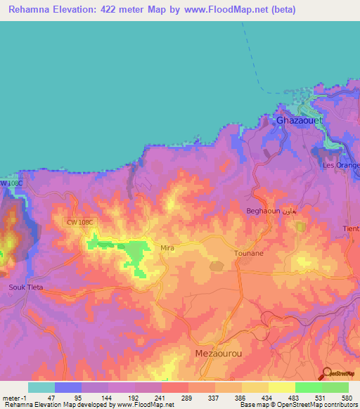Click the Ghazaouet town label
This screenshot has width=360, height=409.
300,120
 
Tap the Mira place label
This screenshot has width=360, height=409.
167,248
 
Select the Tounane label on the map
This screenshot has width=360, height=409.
248,253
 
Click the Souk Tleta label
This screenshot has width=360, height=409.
26,287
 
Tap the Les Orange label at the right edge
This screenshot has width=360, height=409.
341,165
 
